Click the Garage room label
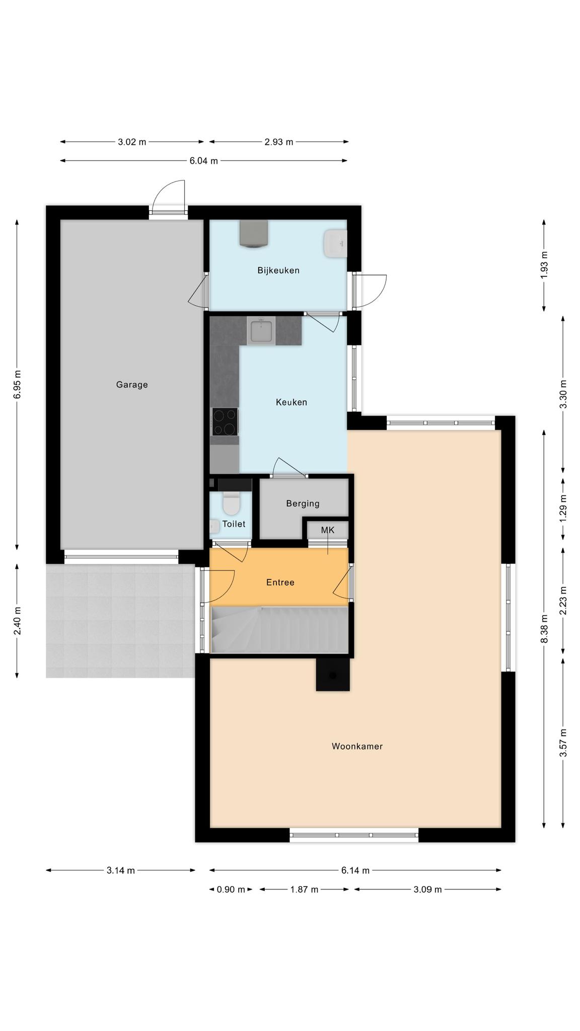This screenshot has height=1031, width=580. pyautogui.click(x=132, y=385)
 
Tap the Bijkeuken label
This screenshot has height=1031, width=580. pyautogui.click(x=278, y=270)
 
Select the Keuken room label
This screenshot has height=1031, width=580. pyautogui.click(x=292, y=402)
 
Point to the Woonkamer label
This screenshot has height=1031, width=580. pyautogui.click(x=357, y=746)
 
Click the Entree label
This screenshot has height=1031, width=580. pyautogui.click(x=280, y=582)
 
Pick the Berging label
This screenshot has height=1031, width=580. pyautogui.click(x=303, y=503)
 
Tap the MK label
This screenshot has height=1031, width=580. pyautogui.click(x=328, y=530)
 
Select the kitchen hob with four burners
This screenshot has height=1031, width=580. pyautogui.click(x=225, y=422)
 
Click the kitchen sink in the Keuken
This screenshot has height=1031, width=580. pyautogui.click(x=261, y=331)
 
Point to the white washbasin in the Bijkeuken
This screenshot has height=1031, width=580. pyautogui.click(x=335, y=244)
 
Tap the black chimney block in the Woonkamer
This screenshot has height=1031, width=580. pyautogui.click(x=332, y=674)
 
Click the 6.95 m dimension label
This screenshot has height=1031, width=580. pyautogui.click(x=18, y=385)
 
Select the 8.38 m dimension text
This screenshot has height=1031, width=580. pyautogui.click(x=544, y=629)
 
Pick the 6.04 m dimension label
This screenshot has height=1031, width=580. pyautogui.click(x=204, y=161)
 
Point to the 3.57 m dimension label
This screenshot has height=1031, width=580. pyautogui.click(x=563, y=743)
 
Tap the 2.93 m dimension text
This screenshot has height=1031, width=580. pyautogui.click(x=279, y=142)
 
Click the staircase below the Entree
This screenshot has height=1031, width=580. pyautogui.click(x=280, y=630)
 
